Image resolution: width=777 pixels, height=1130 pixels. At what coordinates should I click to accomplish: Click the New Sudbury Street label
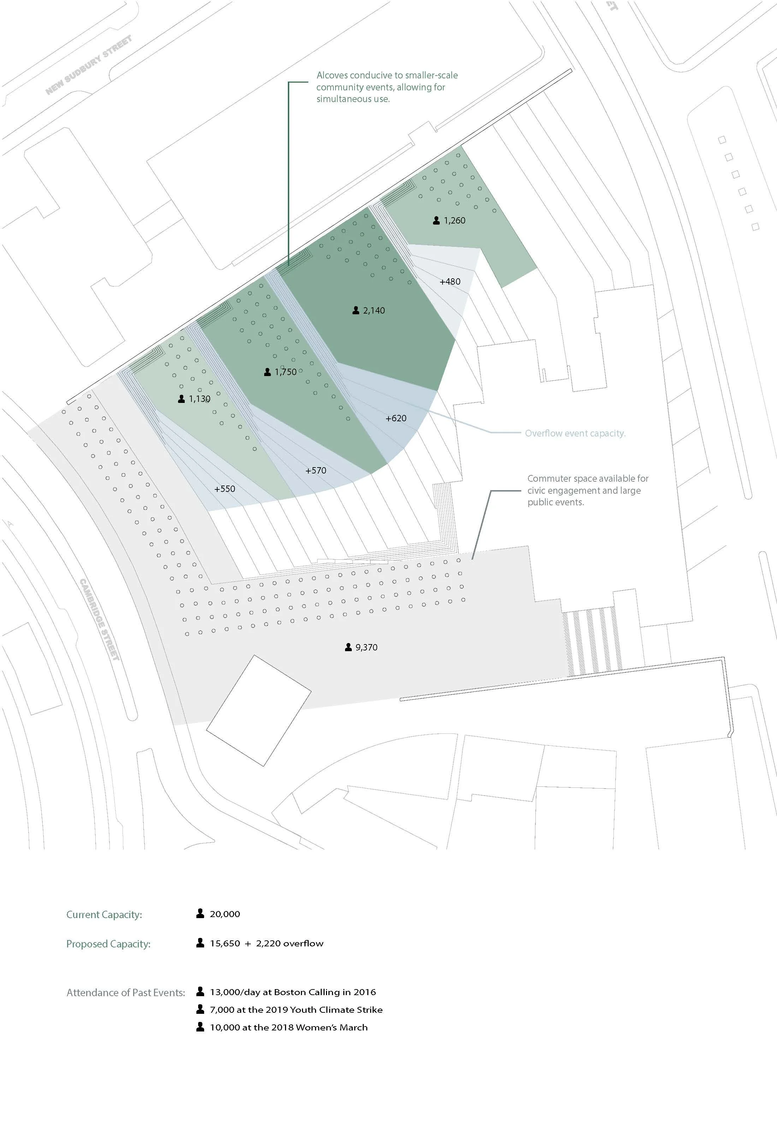tap(89, 65)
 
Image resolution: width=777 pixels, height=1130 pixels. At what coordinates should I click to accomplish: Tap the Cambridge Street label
tap(99, 619)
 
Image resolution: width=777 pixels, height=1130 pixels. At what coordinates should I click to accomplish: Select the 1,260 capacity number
tap(454, 220)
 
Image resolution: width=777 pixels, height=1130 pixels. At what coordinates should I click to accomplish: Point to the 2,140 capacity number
tap(374, 310)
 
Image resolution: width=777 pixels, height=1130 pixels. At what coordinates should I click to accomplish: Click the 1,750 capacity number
tap(285, 372)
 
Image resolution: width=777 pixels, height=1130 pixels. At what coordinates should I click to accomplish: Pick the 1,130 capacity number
tap(200, 399)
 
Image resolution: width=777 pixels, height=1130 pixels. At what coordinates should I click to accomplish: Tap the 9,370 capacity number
tap(366, 647)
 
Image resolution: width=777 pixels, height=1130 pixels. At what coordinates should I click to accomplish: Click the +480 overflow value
tap(450, 281)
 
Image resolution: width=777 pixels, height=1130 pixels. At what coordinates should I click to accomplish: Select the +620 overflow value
tap(396, 418)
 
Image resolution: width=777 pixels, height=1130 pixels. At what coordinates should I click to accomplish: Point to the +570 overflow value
tap(315, 471)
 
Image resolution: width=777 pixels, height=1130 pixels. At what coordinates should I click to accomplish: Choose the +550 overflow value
tap(224, 489)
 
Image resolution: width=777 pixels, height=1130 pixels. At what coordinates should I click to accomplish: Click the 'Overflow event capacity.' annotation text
tap(575, 433)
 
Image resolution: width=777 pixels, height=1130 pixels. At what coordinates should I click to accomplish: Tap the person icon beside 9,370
tap(348, 647)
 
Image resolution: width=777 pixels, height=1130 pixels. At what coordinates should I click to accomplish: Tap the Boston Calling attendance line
tap(292, 992)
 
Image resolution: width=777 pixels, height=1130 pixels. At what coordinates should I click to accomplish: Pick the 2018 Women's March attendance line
tap(289, 1027)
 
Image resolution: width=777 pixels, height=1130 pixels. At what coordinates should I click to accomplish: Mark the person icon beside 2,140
tap(356, 310)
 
